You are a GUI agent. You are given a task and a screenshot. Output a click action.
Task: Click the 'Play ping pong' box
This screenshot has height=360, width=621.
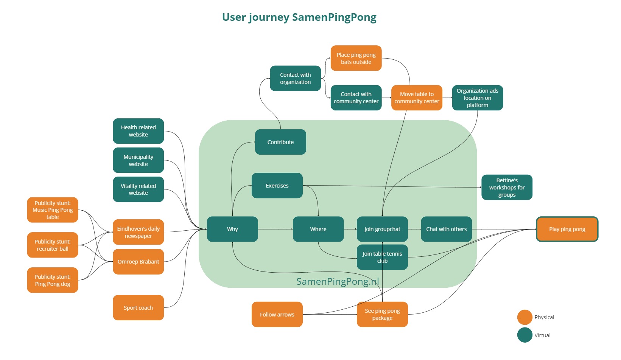click(567, 229)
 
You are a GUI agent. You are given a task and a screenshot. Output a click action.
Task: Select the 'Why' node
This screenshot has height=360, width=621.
click(232, 229)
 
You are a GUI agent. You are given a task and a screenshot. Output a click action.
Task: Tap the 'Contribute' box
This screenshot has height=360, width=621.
click(280, 142)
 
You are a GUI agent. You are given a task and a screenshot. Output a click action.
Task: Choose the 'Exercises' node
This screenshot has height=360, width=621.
click(277, 186)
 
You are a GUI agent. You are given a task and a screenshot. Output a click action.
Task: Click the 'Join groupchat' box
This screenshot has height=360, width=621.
click(382, 229)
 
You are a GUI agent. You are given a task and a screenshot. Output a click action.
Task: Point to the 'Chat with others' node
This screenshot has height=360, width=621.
click(446, 229)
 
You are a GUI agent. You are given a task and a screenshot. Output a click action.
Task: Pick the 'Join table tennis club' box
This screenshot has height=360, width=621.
click(382, 258)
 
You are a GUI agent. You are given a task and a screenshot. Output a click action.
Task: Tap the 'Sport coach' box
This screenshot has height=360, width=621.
click(138, 308)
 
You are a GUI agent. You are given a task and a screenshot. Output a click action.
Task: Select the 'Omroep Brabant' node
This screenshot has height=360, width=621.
click(138, 262)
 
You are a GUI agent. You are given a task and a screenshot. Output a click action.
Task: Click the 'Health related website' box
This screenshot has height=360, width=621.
click(138, 131)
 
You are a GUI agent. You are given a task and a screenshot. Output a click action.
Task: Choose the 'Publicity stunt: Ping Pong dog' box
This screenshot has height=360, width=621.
click(53, 280)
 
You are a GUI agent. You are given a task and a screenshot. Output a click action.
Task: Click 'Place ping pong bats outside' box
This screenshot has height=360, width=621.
click(356, 58)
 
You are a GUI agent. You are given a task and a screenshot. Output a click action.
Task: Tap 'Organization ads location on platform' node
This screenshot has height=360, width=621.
click(477, 98)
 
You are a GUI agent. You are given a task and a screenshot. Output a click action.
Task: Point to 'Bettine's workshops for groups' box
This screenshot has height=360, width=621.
click(507, 188)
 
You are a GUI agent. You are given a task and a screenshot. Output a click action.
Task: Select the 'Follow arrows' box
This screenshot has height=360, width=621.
click(277, 315)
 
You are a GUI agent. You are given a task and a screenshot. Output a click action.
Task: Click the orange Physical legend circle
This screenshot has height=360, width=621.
click(525, 317)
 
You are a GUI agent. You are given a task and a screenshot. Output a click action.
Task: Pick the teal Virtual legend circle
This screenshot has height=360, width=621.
click(525, 335)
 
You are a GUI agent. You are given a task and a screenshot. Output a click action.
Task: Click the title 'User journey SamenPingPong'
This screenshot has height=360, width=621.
click(299, 17)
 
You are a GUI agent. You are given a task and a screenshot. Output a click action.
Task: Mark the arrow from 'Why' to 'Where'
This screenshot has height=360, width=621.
click(275, 229)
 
